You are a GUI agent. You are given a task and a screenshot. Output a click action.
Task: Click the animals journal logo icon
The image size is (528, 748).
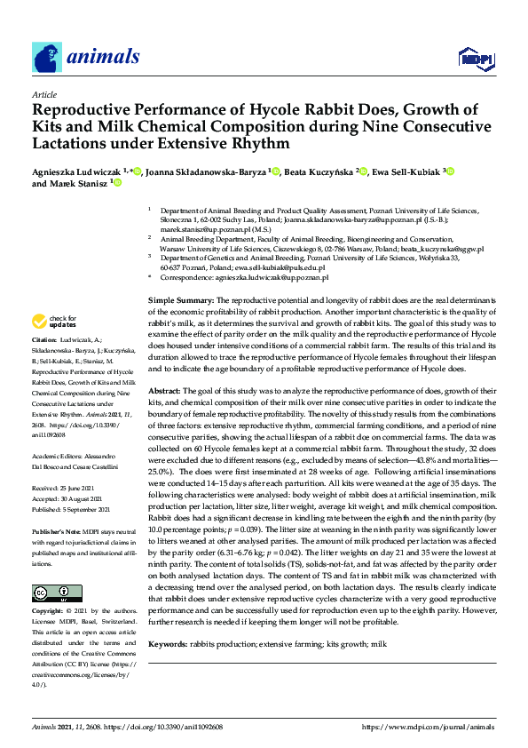[47, 57]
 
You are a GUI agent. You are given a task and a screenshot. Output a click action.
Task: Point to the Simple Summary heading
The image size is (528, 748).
[181, 302]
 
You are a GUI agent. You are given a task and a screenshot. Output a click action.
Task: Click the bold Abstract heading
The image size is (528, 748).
[164, 391]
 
